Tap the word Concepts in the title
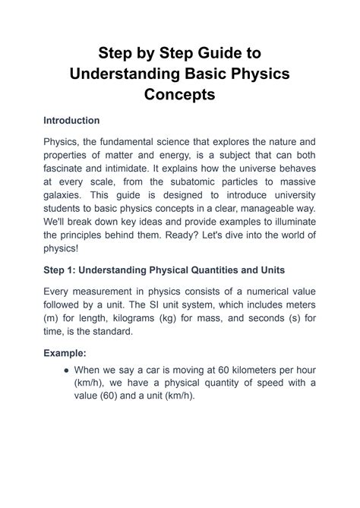click(x=180, y=96)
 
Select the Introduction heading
click(x=71, y=121)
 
